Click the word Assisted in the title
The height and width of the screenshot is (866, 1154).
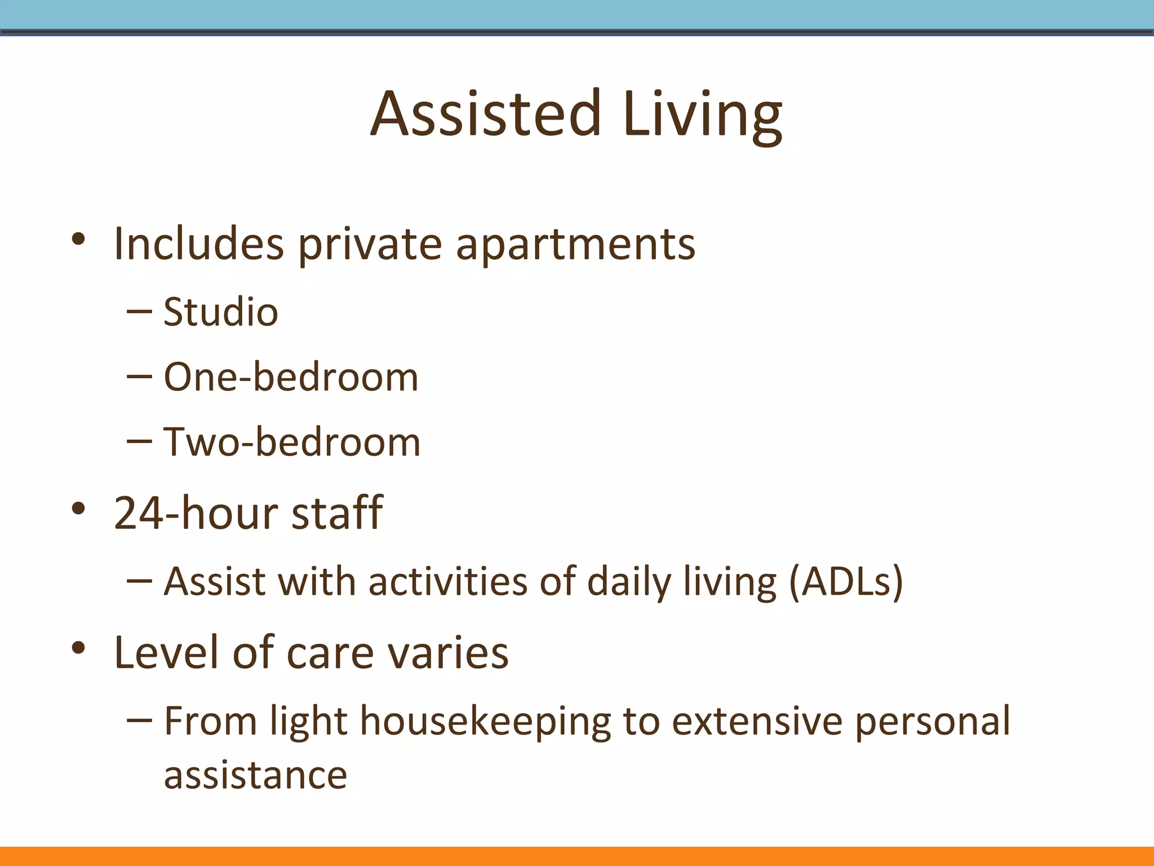(486, 114)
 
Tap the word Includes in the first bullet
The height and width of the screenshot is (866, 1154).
(198, 244)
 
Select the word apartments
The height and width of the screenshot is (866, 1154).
(575, 245)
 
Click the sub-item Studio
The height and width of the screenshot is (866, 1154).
(220, 312)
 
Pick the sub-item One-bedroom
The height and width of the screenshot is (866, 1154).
(291, 377)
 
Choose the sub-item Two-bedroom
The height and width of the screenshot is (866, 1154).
(292, 441)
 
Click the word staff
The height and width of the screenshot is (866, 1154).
(336, 512)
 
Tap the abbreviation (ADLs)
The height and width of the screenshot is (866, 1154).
(846, 581)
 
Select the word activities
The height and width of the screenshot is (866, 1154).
(448, 581)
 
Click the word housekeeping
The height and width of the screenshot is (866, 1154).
(485, 721)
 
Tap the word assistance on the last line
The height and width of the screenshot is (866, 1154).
(255, 775)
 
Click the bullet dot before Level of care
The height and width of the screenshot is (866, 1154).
(78, 648)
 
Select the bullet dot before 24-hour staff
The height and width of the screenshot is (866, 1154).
(78, 509)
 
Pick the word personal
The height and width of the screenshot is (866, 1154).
(933, 721)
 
